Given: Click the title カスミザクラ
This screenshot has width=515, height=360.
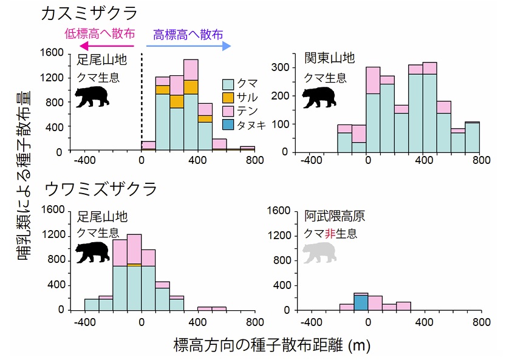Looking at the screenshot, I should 89,13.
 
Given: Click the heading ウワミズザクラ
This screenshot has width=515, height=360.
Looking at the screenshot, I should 101,188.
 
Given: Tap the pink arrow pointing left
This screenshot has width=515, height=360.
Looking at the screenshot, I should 106,46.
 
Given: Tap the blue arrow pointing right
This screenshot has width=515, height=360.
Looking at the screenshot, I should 188,46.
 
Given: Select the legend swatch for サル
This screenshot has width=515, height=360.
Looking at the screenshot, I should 229,97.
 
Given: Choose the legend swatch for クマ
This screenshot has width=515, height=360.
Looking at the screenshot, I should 229,84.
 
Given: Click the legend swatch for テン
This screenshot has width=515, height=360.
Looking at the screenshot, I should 229,110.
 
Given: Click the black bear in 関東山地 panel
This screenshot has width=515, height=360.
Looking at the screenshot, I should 319,97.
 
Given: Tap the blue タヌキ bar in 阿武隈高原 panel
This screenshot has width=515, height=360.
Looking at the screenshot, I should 361,302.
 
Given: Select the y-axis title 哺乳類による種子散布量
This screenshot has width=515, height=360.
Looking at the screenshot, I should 26,182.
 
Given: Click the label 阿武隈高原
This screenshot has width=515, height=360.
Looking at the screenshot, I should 335,217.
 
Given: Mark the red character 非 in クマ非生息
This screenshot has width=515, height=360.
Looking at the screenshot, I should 331,233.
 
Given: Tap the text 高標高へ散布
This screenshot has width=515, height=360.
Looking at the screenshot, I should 188,33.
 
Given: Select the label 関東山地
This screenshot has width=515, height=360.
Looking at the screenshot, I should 330,58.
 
